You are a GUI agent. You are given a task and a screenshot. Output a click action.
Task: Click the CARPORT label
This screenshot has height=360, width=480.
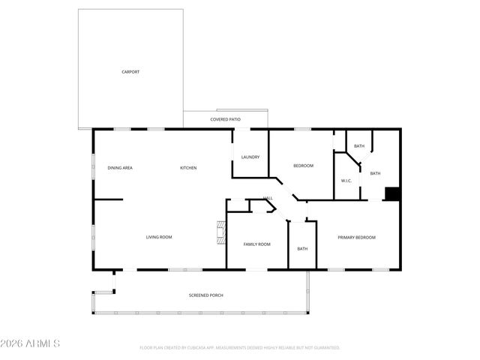click(130, 72)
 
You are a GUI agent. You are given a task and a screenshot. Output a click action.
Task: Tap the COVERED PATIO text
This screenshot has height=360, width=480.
click(225, 119)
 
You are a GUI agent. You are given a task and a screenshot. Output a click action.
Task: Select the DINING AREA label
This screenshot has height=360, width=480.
click(120, 168)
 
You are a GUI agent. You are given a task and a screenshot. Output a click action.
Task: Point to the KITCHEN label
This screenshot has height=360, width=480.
click(188, 168)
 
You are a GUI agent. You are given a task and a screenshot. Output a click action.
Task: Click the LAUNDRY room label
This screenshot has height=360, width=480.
click(250, 157)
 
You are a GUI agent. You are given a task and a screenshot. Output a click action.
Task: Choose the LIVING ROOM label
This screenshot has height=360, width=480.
click(159, 237)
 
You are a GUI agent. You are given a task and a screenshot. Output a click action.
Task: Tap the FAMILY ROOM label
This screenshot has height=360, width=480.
click(256, 244)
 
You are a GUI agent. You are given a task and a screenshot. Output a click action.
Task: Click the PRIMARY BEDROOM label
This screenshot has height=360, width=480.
click(356, 237)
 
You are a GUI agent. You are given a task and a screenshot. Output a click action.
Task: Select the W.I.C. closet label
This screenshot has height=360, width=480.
click(346, 181)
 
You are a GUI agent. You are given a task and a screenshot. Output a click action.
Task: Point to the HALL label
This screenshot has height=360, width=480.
click(267, 199)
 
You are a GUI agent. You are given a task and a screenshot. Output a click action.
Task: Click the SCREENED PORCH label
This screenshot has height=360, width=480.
click(205, 295)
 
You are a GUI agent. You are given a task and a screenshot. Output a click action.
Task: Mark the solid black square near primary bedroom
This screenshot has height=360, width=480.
click(391, 193)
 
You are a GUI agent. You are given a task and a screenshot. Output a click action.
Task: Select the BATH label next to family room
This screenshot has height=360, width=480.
click(302, 249)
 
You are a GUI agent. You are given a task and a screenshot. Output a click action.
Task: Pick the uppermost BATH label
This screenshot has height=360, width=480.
click(359, 146)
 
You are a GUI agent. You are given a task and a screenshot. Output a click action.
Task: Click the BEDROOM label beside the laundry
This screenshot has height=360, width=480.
click(303, 166)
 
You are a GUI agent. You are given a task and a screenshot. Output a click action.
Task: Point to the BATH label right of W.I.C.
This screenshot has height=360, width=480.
click(375, 173)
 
